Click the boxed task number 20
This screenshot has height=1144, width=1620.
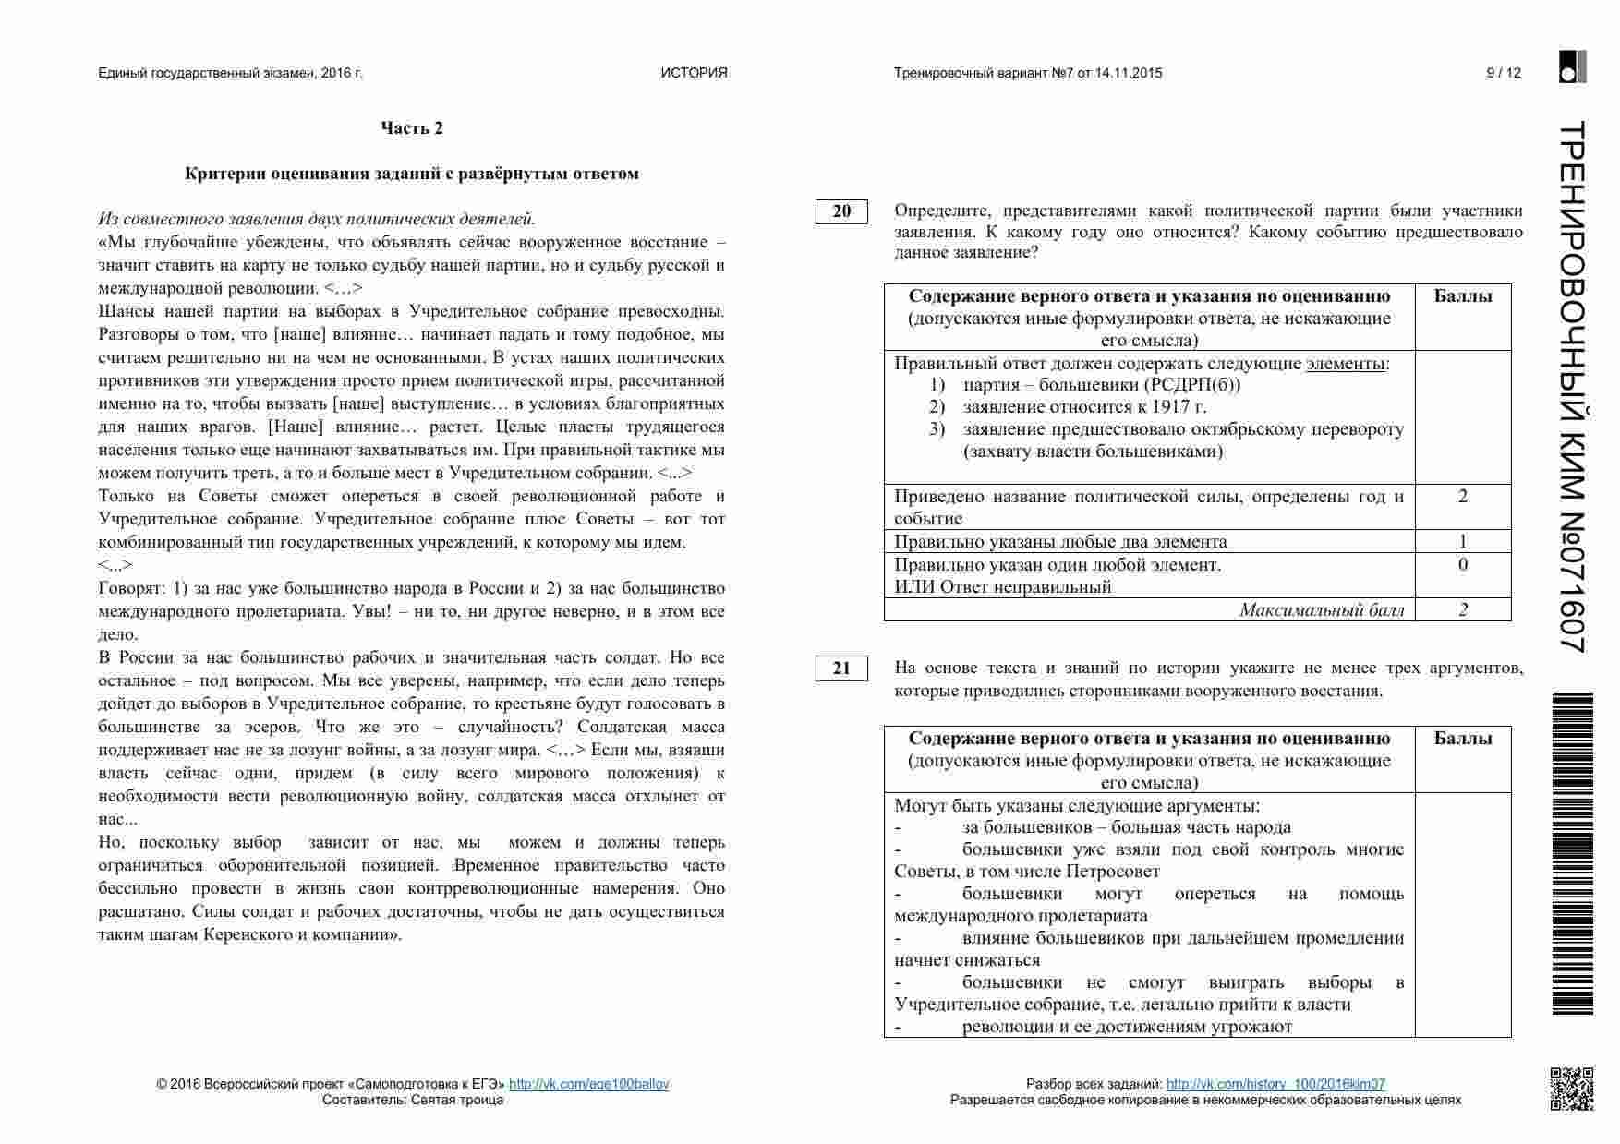click(x=841, y=211)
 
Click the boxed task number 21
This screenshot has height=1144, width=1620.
click(x=841, y=668)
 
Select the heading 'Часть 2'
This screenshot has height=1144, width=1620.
click(x=412, y=128)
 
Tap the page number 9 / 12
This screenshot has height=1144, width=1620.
click(x=1503, y=73)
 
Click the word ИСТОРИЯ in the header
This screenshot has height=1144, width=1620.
click(x=694, y=73)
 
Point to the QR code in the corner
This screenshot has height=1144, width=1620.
click(x=1571, y=1089)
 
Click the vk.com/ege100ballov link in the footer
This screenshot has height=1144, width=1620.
click(x=588, y=1084)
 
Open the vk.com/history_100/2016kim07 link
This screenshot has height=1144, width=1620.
click(x=1275, y=1084)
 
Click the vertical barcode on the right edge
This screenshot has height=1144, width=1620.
click(x=1572, y=854)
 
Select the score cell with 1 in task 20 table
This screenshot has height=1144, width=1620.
click(x=1463, y=541)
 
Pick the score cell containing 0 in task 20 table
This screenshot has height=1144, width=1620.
click(x=1463, y=564)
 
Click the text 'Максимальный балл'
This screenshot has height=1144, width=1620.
click(x=1322, y=609)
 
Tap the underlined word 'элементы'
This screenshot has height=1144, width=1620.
click(x=1345, y=363)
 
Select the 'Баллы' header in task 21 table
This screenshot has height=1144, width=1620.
click(x=1463, y=739)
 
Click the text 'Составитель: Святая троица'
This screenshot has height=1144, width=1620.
click(x=413, y=1100)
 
